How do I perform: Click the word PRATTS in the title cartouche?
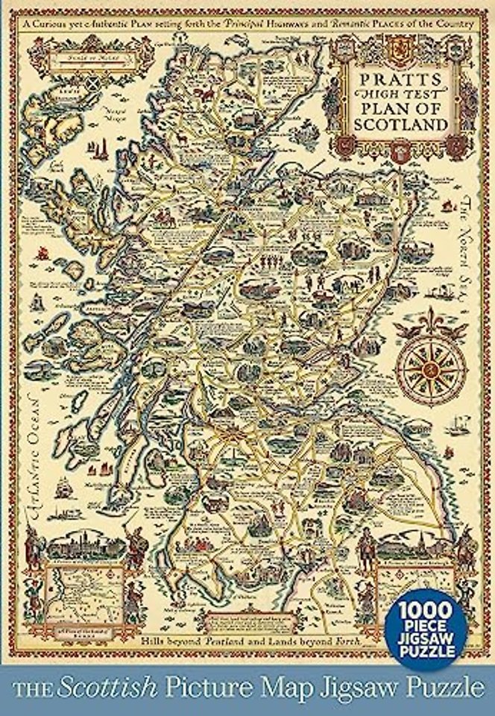coord(406,77)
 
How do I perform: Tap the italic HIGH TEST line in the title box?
coord(406,93)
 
